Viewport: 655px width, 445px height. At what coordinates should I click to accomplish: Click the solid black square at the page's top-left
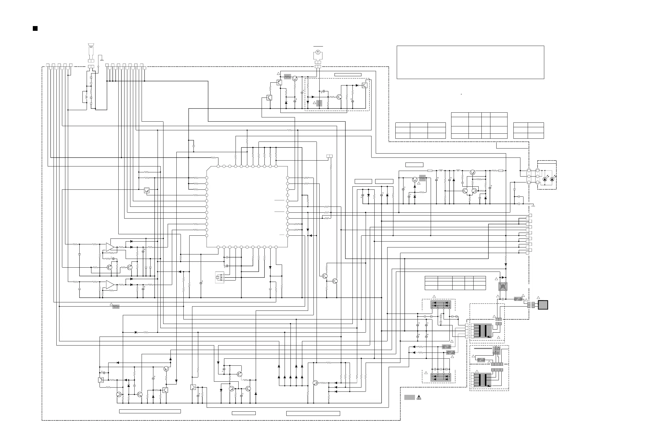point(35,29)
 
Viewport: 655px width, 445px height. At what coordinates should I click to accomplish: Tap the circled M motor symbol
point(318,52)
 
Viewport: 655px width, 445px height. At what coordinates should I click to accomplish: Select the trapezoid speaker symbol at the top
point(91,45)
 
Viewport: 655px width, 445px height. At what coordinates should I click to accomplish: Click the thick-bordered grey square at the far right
point(543,305)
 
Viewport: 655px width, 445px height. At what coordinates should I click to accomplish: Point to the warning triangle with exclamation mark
point(419,398)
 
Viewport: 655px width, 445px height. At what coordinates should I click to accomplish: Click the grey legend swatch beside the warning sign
point(410,397)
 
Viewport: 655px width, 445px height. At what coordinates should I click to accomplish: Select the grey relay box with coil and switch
point(503,286)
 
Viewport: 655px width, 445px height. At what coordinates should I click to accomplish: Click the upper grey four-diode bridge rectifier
point(440,304)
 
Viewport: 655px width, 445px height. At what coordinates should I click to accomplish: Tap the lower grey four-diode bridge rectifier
point(440,378)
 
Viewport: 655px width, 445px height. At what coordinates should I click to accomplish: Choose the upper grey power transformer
point(483,331)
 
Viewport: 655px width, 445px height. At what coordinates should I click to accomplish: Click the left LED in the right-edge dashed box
point(545,179)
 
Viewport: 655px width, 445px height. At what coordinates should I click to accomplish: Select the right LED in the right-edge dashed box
point(552,179)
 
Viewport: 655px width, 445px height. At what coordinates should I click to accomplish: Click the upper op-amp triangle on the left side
point(110,247)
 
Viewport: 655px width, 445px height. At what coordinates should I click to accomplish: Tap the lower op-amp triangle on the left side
point(110,285)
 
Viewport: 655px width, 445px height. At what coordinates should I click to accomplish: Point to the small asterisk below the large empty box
point(461,94)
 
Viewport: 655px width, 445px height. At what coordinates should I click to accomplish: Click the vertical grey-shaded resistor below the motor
point(319,103)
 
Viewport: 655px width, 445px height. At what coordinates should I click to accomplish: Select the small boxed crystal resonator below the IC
point(218,277)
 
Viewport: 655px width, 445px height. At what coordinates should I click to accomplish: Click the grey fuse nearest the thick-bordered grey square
point(518,299)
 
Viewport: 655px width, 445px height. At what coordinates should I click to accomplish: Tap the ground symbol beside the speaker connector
point(102,60)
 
